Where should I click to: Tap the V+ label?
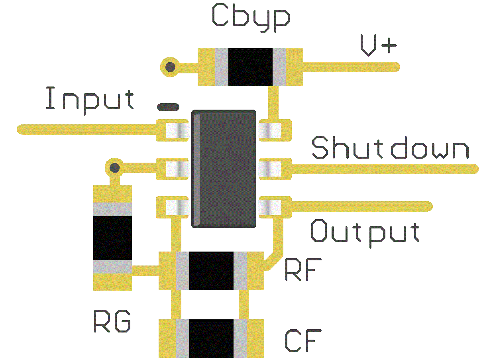378,46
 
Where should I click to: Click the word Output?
365,232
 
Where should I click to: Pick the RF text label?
303,271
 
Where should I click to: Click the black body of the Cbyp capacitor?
250,67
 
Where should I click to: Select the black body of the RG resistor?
112,238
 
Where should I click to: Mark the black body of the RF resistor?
211,271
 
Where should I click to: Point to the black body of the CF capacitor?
211,338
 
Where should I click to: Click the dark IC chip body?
224,169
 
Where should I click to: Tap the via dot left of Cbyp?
170,67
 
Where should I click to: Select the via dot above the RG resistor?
115,167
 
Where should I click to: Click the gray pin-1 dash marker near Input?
168,107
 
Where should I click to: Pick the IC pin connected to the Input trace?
175,130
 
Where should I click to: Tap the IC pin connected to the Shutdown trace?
271,168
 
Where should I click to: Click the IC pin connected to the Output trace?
271,207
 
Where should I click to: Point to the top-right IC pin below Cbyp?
271,130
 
